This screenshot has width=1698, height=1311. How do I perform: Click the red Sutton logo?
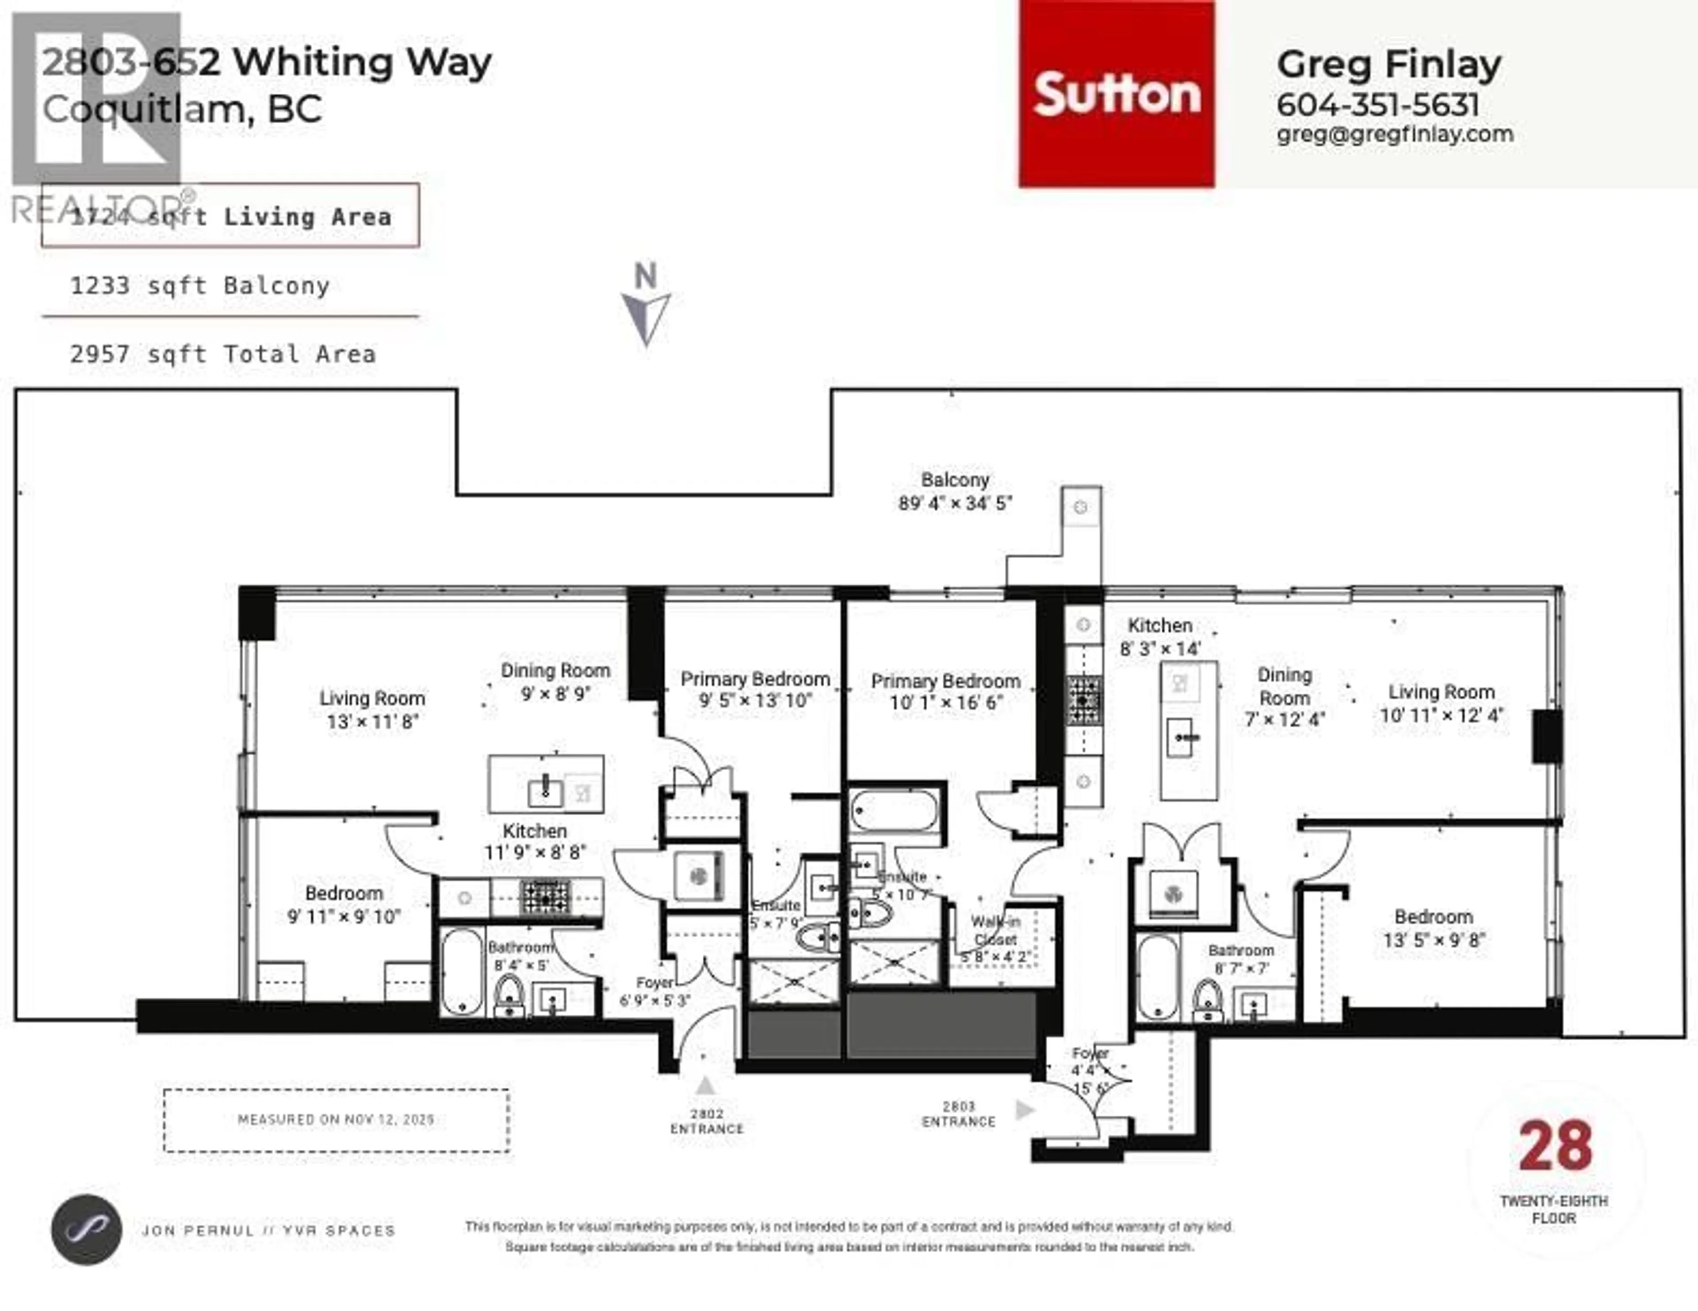click(x=1117, y=94)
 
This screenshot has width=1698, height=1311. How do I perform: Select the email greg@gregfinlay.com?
click(x=1395, y=134)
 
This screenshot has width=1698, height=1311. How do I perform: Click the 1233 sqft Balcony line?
click(x=200, y=286)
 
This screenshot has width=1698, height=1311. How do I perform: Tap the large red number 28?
click(x=1555, y=1146)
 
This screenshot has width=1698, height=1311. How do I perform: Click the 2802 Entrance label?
click(x=707, y=1121)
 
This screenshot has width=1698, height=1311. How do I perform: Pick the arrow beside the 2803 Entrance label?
click(x=1025, y=1110)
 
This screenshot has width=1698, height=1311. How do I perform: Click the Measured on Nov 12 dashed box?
click(x=336, y=1120)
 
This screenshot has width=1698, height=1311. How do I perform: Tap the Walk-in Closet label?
click(x=995, y=939)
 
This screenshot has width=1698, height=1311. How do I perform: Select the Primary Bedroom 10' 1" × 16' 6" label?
click(x=945, y=692)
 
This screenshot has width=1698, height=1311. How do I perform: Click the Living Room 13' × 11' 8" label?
click(x=372, y=710)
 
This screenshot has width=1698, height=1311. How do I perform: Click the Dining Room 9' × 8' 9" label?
click(x=555, y=681)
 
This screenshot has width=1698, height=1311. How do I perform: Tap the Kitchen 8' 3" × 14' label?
click(x=1160, y=636)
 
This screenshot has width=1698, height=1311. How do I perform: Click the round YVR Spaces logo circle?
click(x=86, y=1229)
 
